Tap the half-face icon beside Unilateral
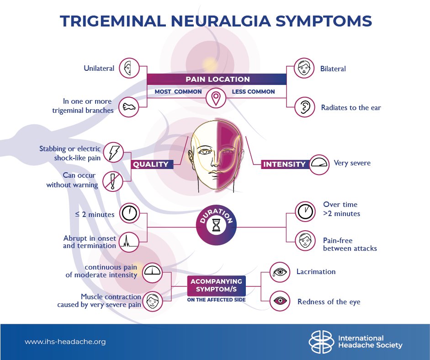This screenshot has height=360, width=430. click(129, 69)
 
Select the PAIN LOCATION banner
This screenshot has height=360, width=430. click(217, 79)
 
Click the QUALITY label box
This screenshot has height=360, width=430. click(151, 164)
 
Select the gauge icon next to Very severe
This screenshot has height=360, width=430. click(319, 163)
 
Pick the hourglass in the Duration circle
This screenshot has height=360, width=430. click(216, 225)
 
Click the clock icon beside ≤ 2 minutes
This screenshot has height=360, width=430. click(129, 213)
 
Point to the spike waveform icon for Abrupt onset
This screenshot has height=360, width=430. click(129, 242)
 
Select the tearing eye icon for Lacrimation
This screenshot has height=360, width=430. click(280, 272)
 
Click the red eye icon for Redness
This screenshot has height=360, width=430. click(280, 301)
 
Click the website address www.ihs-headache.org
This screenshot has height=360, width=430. click(64, 341)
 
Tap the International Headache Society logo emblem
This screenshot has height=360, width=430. click(321, 342)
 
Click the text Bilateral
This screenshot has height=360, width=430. click(334, 69)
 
